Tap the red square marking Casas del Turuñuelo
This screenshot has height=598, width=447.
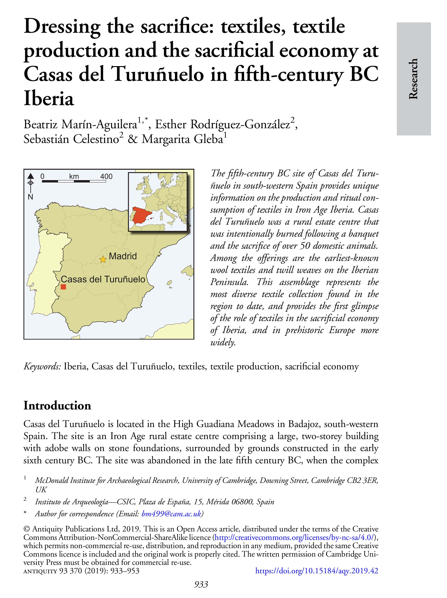[x=63, y=287]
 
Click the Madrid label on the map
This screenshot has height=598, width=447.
[x=123, y=256]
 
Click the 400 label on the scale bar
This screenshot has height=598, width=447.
[x=106, y=176]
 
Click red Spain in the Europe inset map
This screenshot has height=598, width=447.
[x=140, y=215]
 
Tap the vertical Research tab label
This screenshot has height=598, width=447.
[x=413, y=79]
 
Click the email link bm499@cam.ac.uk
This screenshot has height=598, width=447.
[x=171, y=514]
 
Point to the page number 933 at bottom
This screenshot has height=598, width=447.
[x=201, y=584]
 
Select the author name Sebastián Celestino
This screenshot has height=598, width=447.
[x=71, y=139]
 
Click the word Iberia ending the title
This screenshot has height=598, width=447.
[x=49, y=99]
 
